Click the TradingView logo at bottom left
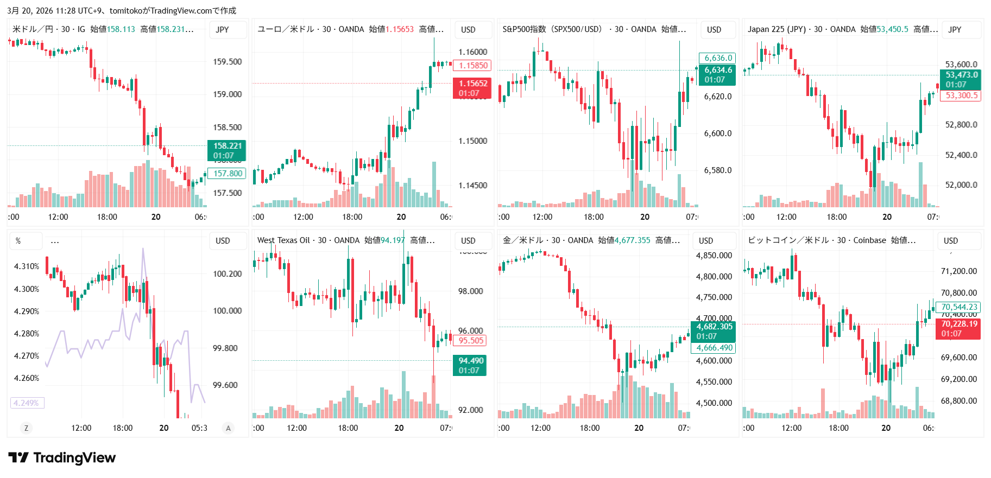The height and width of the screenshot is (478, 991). pos(62,458)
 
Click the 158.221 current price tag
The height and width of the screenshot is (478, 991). pos(227,150)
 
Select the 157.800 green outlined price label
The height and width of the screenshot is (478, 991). pos(227,174)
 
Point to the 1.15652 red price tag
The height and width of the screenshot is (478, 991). pos(472,88)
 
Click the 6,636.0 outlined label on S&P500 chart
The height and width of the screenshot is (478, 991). pos(718,58)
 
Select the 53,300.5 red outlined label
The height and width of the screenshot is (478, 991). pos(961,95)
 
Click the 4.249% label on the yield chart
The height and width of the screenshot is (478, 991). pos(27,403)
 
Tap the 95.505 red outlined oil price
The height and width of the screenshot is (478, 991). pos(470,341)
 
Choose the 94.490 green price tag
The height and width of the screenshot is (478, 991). pos(470,365)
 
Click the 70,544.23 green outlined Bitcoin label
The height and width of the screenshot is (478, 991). pos(958,307)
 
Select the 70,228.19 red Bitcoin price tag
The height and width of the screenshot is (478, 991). pos(958,328)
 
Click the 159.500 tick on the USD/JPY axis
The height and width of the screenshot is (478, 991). pos(227,62)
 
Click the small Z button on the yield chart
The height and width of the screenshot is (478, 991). pos(26,428)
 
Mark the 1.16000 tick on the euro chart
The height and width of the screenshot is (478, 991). pos(472,52)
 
